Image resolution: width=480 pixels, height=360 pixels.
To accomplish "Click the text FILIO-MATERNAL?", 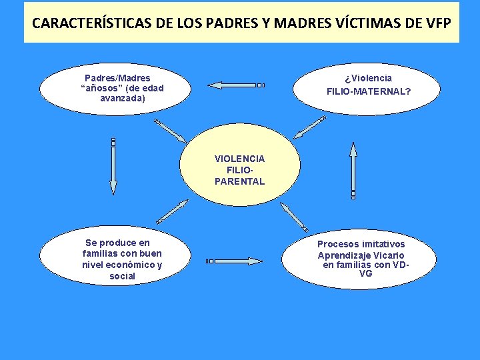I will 369,91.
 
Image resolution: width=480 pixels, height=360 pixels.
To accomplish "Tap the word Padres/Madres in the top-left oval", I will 117,78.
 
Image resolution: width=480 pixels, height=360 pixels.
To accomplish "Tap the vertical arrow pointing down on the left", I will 113,167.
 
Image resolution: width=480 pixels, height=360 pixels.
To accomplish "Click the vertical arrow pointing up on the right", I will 353,170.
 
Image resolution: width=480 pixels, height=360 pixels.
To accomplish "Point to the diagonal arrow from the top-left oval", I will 171,131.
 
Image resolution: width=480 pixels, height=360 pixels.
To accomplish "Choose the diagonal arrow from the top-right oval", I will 309,127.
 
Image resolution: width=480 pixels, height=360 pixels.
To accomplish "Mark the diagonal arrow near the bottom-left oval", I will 172,211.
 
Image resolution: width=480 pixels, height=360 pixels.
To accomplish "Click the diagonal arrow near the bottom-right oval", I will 294,217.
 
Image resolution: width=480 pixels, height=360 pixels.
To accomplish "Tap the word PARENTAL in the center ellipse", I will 240,181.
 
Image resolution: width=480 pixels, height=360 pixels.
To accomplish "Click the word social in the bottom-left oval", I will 123,276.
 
